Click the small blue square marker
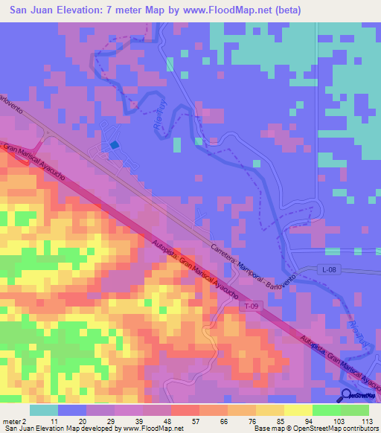coord(114,146)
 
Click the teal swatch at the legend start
coord(44,409)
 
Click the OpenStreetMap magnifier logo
coord(348,395)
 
